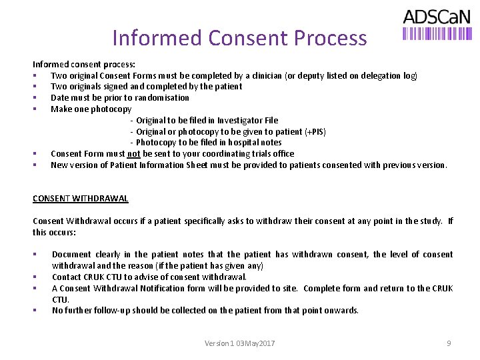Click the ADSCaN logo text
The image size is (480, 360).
coord(437,17)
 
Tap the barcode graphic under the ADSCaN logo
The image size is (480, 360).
coord(437,33)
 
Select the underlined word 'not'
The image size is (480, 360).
coord(133,153)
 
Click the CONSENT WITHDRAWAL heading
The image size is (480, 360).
coord(81,198)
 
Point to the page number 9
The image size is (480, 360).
coord(449,343)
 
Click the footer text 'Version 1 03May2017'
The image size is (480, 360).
coord(240,343)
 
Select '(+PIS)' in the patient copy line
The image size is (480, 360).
coord(315,131)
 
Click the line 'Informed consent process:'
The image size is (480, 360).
coord(84,64)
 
